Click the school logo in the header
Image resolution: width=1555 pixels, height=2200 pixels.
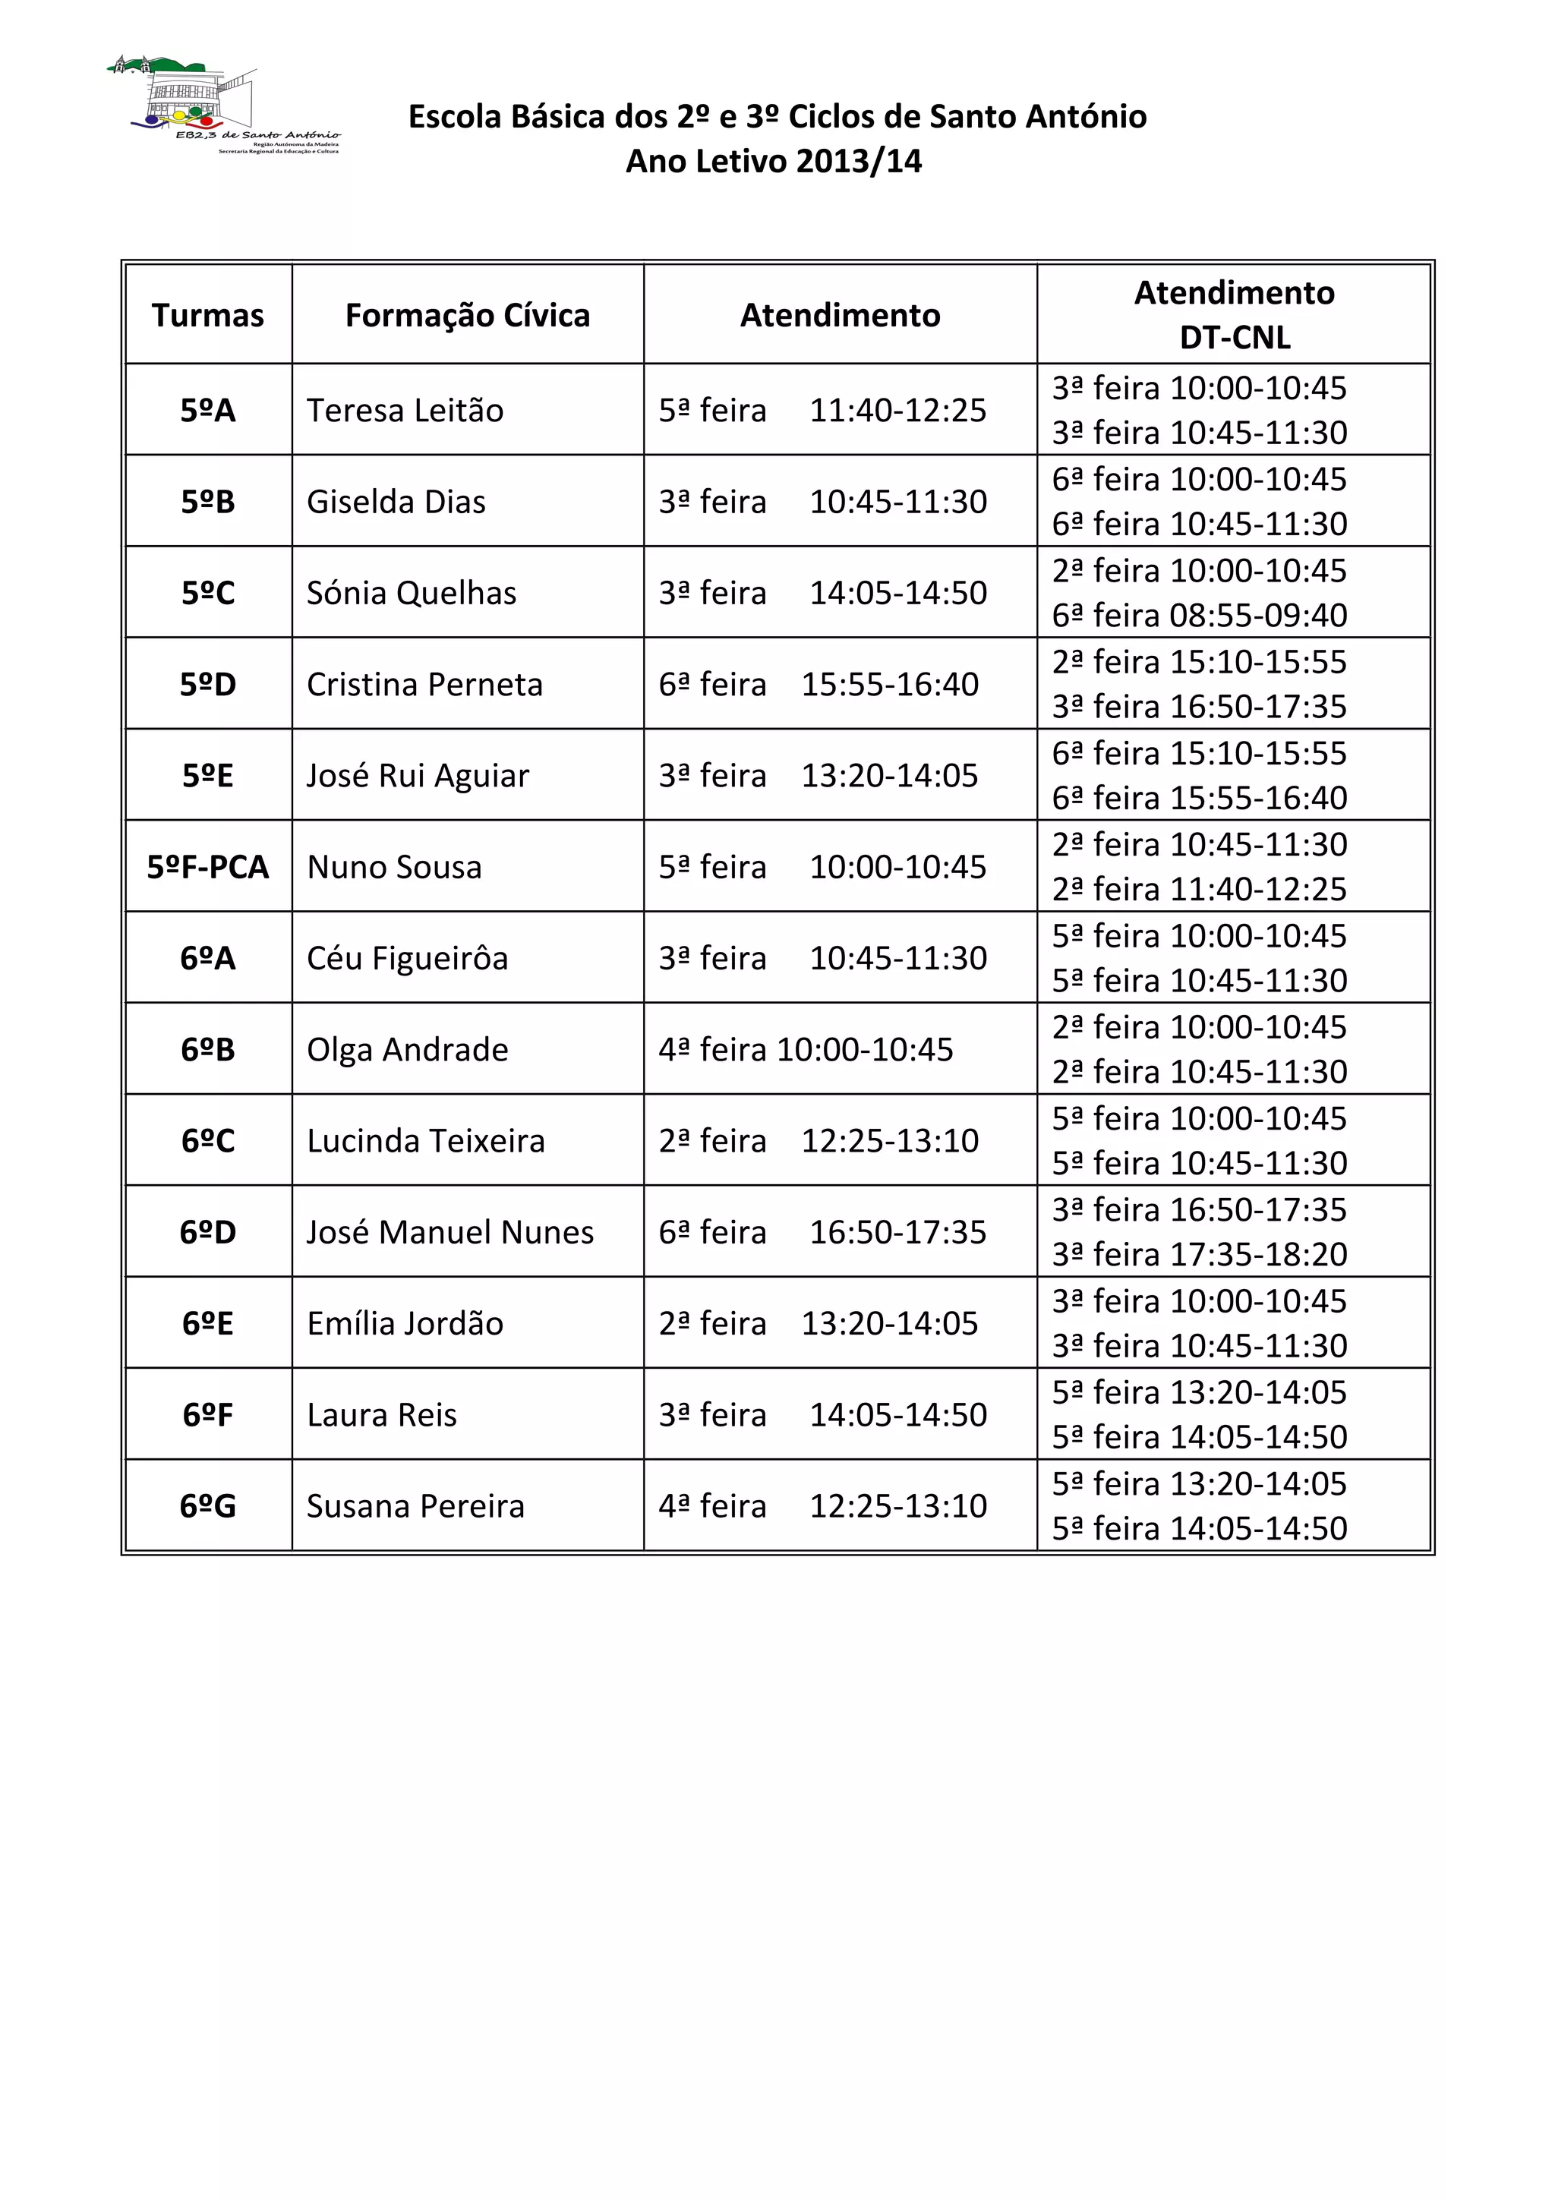[x=222, y=105]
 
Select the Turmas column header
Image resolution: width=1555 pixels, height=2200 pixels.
[x=208, y=315]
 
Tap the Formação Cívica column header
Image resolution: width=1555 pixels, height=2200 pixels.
[x=468, y=315]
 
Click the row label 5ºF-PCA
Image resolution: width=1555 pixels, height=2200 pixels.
[x=208, y=867]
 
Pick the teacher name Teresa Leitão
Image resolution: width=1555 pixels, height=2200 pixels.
[x=405, y=410]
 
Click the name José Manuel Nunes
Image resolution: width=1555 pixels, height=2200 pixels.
[x=450, y=1232]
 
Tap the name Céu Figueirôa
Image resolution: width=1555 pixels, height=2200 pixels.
[x=407, y=958]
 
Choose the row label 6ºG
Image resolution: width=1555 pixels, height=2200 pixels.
[x=208, y=1506]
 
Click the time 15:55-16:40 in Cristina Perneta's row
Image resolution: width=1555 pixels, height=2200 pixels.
[x=890, y=684]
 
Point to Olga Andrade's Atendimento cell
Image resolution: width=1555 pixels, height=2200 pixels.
[x=806, y=1049]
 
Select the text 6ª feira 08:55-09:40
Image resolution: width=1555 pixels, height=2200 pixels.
[x=1200, y=615]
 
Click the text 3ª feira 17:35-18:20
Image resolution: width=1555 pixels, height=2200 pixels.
[x=1200, y=1254]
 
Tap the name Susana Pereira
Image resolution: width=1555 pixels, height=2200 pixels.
[x=416, y=1506]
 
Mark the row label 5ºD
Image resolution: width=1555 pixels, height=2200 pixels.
[x=208, y=684]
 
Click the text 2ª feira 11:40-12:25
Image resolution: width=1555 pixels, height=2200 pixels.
[x=1200, y=889]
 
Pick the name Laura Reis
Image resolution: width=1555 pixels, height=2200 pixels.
[x=382, y=1415]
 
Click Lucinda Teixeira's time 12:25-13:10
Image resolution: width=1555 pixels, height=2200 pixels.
[x=890, y=1141]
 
